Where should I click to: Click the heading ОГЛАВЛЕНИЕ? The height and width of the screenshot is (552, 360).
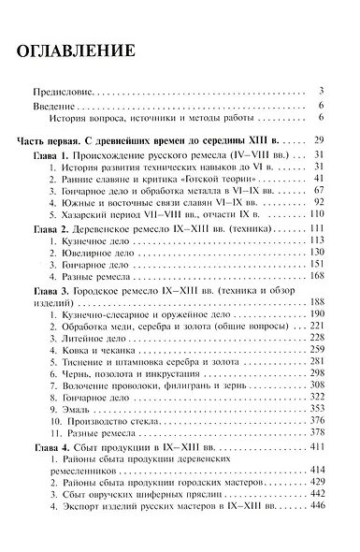coord(79,49)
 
